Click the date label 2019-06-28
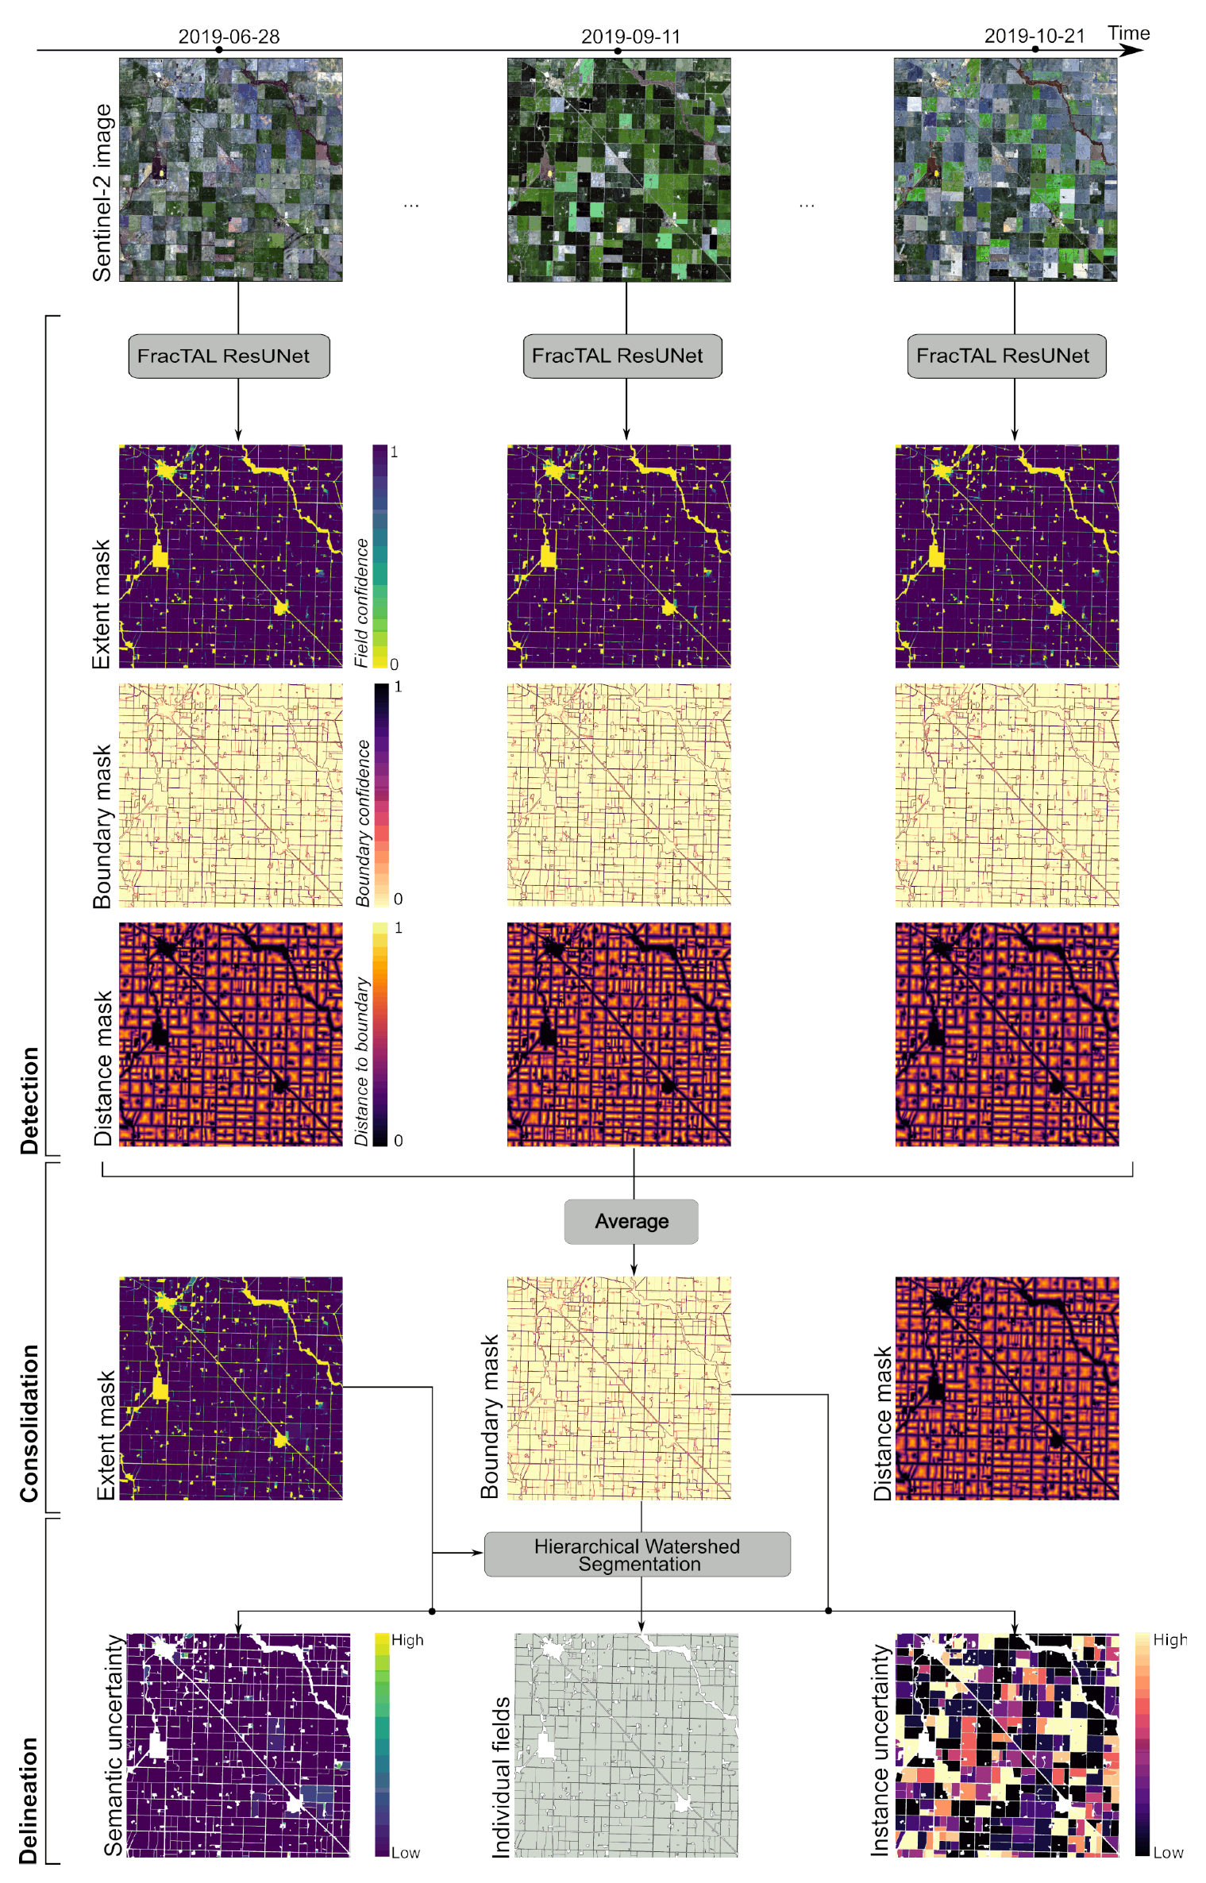(229, 37)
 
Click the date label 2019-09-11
(630, 37)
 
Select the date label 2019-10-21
(1034, 36)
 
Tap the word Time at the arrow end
(1128, 33)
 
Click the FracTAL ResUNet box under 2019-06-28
(229, 356)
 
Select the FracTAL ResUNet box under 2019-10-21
(1006, 356)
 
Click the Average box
(631, 1221)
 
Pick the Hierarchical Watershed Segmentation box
(637, 1554)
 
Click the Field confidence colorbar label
(361, 603)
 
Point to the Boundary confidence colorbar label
(363, 823)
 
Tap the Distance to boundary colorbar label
(362, 1061)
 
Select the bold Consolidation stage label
(29, 1423)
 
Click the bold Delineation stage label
(29, 1800)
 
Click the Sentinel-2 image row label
(102, 193)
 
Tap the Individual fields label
(501, 1777)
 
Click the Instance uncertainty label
(880, 1750)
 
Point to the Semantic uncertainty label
(114, 1744)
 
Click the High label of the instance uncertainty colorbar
(1169, 1640)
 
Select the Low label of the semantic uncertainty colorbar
(405, 1853)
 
